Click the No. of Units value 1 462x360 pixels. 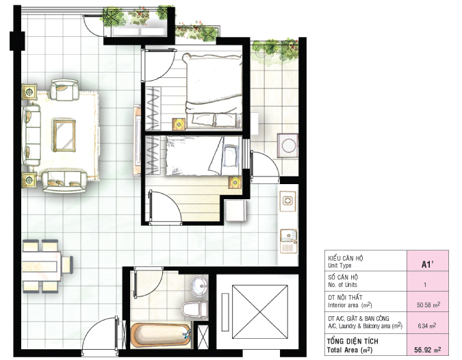pos(425,283)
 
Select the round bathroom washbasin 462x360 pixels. pos(198,285)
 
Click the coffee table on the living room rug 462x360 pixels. pos(64,135)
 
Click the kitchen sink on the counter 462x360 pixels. pos(289,240)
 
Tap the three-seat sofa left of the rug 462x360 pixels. pos(31,136)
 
